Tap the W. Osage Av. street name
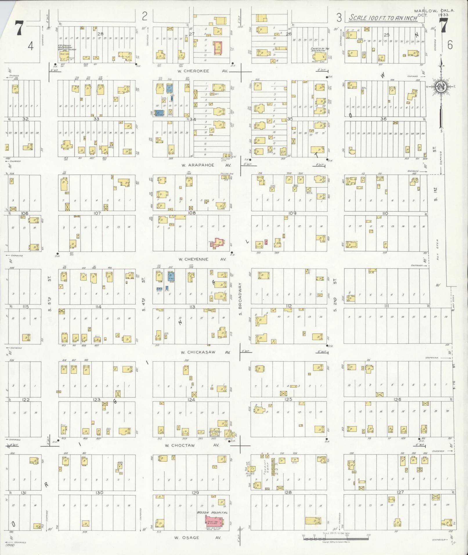(x=198, y=538)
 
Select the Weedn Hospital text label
(x=212, y=513)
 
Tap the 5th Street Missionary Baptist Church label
(x=67, y=48)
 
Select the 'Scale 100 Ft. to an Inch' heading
(x=383, y=18)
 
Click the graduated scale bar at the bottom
(x=336, y=538)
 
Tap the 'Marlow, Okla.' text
(x=434, y=11)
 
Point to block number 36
(x=383, y=119)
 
